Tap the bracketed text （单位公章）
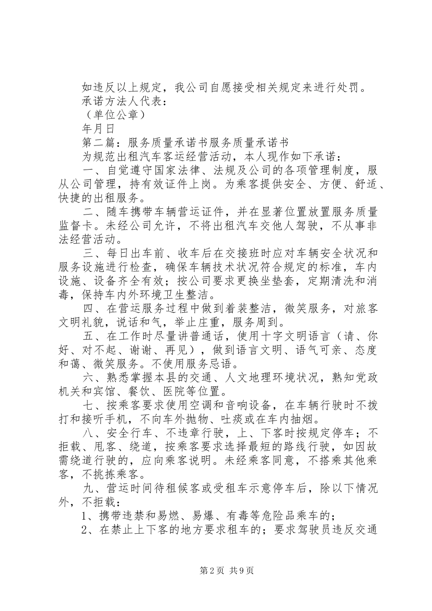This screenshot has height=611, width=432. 114,115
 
